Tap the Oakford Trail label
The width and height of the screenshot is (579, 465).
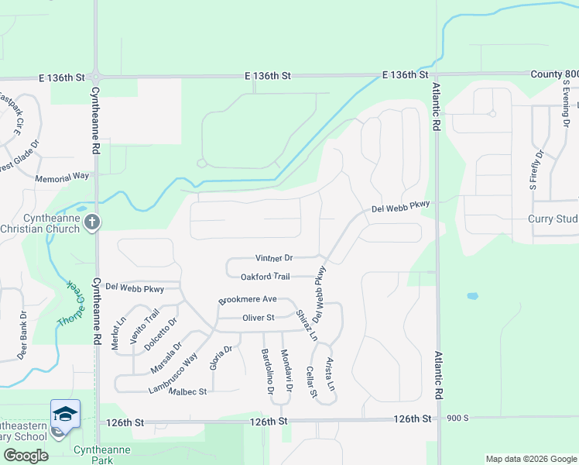265,277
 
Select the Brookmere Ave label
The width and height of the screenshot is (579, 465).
248,299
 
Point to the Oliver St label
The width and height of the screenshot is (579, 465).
259,318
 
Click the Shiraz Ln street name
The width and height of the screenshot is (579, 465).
307,325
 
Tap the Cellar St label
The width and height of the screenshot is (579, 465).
310,382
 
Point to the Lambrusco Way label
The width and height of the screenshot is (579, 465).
173,374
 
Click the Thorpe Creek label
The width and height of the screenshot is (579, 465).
67,302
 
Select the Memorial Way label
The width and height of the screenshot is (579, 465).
62,177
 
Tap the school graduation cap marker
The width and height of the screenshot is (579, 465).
65,413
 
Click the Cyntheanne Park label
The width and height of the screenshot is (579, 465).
101,454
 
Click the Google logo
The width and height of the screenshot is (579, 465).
26,455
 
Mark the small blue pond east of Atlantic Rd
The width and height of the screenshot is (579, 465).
472,296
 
